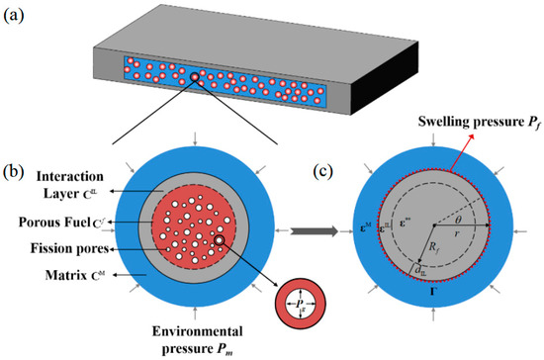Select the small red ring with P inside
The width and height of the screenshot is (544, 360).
(x=296, y=298)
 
